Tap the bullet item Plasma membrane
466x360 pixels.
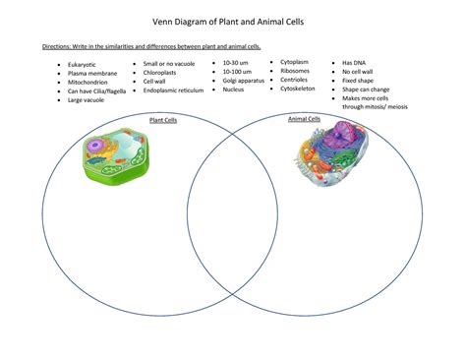pos(93,73)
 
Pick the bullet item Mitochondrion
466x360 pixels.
pos(89,82)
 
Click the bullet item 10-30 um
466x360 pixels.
pos(236,62)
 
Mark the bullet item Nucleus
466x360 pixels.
pos(234,89)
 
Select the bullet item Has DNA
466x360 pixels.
pos(354,62)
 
